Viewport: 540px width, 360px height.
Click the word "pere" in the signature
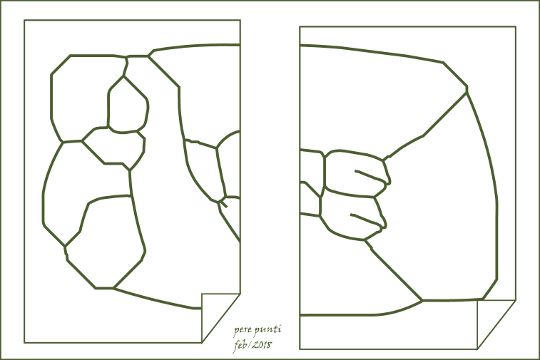pyautogui.click(x=243, y=331)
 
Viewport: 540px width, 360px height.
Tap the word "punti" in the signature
pyautogui.click(x=268, y=330)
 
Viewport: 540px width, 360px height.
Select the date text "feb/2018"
pyautogui.click(x=253, y=345)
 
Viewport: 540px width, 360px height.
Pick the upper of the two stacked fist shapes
pyautogui.click(x=355, y=174)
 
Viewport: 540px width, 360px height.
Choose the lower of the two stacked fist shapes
pyautogui.click(x=351, y=217)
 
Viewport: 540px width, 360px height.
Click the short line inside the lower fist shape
pyautogui.click(x=367, y=220)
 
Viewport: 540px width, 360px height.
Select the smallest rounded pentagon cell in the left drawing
pyautogui.click(x=128, y=105)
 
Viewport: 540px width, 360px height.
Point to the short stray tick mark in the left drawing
pyautogui.click(x=224, y=205)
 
